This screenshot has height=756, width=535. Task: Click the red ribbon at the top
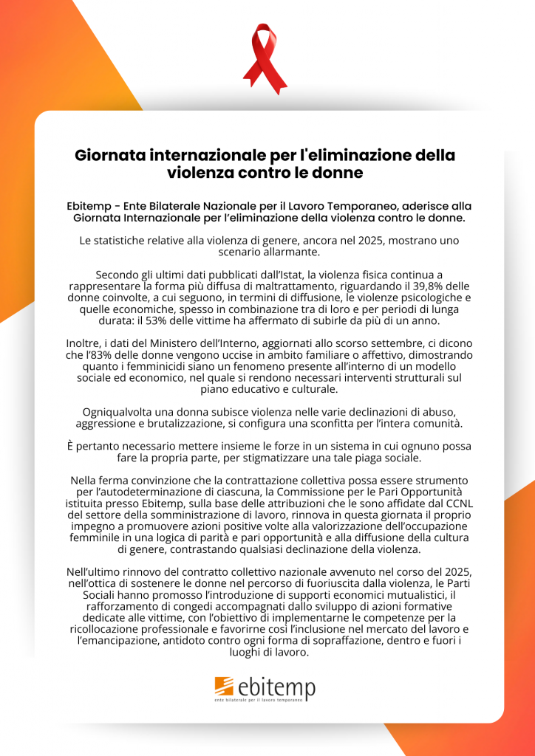click(x=265, y=58)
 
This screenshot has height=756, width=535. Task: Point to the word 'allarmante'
click(x=299, y=252)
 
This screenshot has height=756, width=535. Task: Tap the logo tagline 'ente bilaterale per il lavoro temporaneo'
click(x=264, y=699)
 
